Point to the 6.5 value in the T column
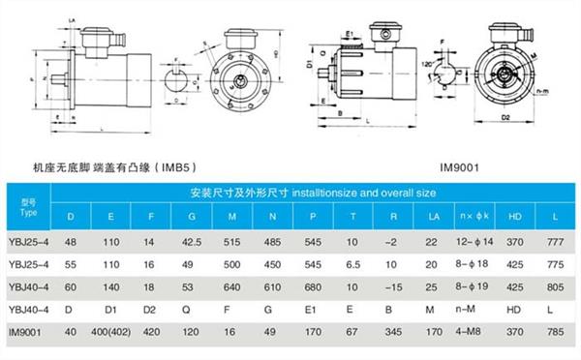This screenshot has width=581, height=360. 353,262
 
